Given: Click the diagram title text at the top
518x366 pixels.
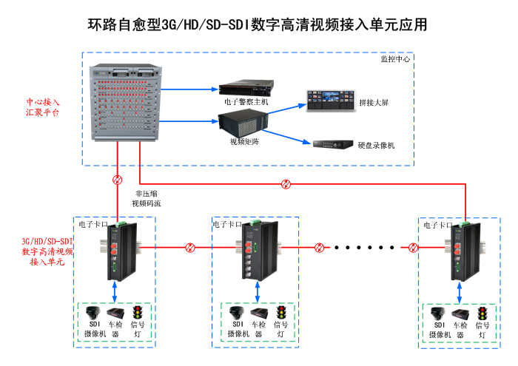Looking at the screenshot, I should tap(258, 24).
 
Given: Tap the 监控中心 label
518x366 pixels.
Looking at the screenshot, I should tap(394, 58).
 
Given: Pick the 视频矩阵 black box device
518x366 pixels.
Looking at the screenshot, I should tap(243, 121).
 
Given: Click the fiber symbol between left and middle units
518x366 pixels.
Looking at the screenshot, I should tap(190, 248).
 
